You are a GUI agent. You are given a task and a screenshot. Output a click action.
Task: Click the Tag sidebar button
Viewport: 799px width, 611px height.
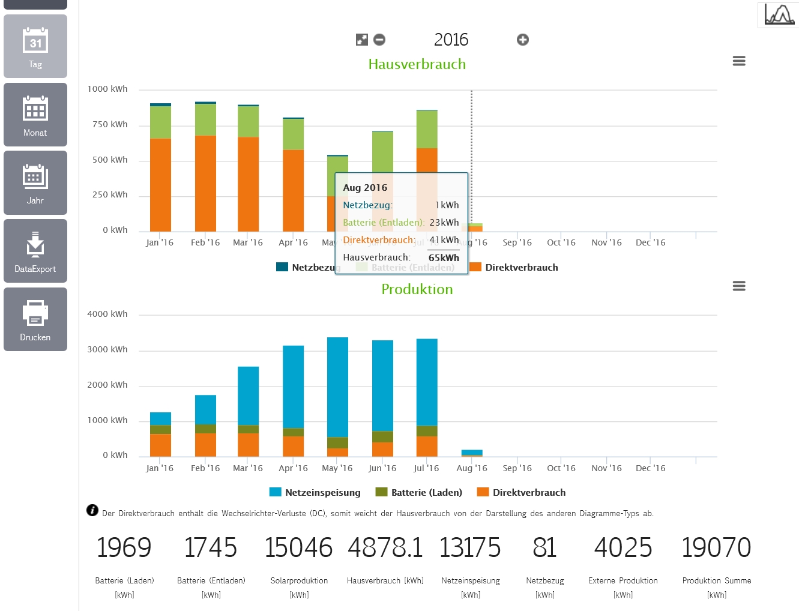[x=35, y=47]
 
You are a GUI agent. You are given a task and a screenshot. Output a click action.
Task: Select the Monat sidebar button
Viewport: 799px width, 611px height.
[x=35, y=115]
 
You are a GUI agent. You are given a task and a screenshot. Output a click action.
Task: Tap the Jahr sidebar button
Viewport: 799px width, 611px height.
[x=35, y=182]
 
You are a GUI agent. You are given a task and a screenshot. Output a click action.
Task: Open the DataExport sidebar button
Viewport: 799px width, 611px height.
[x=35, y=251]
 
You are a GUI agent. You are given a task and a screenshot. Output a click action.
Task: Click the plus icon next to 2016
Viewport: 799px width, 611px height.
[x=523, y=40]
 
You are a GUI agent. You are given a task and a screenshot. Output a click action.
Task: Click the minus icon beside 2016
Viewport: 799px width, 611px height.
[x=379, y=40]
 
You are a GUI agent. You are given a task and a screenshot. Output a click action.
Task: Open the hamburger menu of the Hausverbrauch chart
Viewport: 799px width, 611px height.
[x=739, y=61]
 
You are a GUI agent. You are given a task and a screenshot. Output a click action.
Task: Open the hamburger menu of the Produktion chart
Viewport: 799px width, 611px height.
[x=739, y=286]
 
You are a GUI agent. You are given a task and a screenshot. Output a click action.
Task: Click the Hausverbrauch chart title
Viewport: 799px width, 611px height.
[x=417, y=64]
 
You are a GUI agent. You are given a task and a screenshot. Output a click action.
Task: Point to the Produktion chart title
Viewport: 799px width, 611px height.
[x=417, y=289]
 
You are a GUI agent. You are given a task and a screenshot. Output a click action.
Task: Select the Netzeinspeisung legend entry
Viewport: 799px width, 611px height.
[x=316, y=492]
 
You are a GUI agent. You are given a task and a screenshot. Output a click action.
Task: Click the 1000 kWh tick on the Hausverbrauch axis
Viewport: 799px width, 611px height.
[x=107, y=89]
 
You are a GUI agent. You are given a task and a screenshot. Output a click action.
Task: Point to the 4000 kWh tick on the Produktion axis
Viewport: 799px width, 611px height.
[x=107, y=314]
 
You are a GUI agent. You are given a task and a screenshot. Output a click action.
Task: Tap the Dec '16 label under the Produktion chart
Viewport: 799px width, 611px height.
[x=651, y=468]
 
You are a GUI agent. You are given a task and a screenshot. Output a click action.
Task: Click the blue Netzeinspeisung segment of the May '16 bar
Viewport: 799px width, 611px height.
[x=337, y=387]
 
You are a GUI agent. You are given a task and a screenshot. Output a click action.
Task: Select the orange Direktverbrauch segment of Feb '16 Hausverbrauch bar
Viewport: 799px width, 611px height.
[x=205, y=183]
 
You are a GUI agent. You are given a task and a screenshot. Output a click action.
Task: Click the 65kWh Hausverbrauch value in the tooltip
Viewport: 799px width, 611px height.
[x=444, y=257]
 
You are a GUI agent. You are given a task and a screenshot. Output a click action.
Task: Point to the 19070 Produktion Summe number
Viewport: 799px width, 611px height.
[x=717, y=547]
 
